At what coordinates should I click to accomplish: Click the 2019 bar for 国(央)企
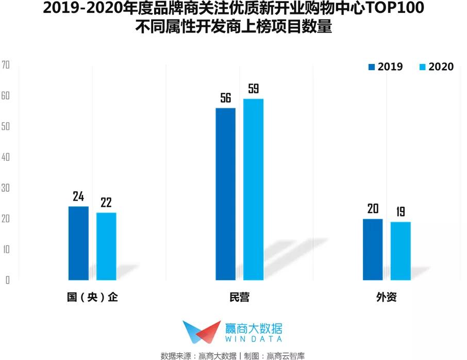(x=78, y=243)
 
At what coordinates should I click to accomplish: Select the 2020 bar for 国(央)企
(x=106, y=246)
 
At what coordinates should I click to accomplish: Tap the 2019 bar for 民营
(x=225, y=194)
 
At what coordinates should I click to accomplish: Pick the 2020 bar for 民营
(x=253, y=189)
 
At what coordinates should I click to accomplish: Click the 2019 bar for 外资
(x=373, y=249)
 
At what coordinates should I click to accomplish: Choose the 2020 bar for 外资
(x=401, y=251)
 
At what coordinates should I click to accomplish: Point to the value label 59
(x=253, y=89)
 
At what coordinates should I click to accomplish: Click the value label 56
(x=225, y=98)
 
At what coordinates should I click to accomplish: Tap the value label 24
(x=78, y=197)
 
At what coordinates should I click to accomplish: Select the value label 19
(x=401, y=212)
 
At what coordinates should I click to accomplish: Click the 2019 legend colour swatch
(x=371, y=67)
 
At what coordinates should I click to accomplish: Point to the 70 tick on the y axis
(x=6, y=65)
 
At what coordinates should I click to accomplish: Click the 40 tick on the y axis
(x=6, y=157)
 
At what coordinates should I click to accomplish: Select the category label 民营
(x=239, y=298)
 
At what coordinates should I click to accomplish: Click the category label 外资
(x=387, y=298)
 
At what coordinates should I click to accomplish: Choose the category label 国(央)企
(x=92, y=298)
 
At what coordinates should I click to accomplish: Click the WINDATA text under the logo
(x=254, y=339)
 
